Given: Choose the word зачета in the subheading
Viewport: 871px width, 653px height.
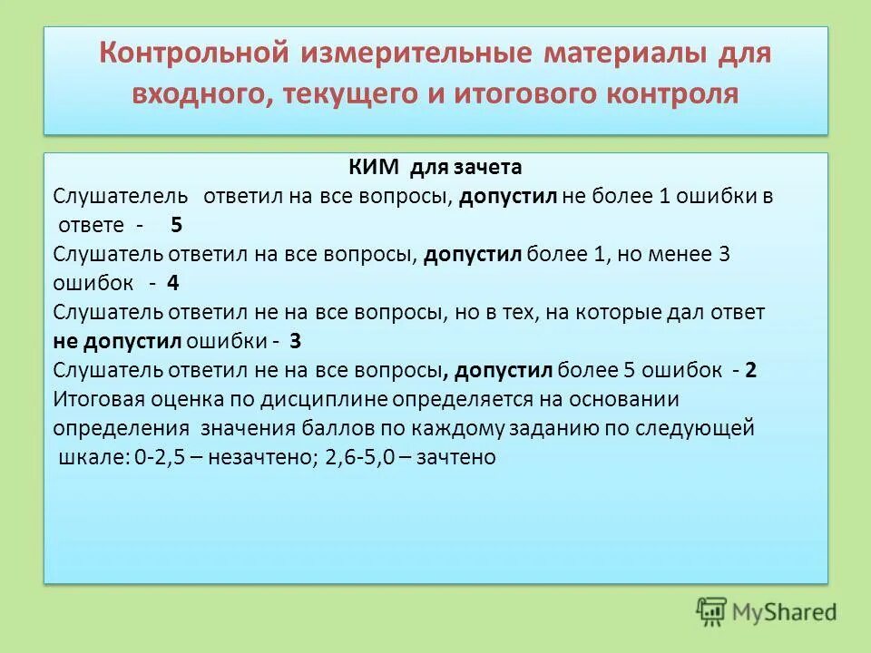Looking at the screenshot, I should pos(489,168).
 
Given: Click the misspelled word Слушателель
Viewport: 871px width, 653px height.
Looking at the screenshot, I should pos(122,196).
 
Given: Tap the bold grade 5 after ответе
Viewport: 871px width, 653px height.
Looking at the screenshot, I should pos(176,225).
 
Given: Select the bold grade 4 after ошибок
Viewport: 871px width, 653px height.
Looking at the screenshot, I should pos(172,282).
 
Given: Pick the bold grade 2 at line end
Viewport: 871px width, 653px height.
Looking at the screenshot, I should pos(750,370).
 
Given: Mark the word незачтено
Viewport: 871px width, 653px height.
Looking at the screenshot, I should pos(258,457).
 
